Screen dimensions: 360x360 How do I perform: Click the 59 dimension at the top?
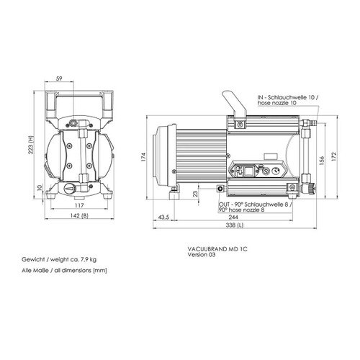click(59, 78)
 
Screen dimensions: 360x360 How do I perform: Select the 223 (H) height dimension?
click(31, 145)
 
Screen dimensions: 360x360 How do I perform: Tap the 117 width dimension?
click(79, 205)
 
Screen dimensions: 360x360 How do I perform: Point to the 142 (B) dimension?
click(79, 215)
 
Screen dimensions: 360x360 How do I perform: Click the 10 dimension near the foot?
click(40, 187)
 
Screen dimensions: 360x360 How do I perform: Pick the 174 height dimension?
click(143, 157)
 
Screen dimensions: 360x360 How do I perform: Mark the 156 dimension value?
click(322, 160)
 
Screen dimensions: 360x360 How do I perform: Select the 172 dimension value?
click(335, 157)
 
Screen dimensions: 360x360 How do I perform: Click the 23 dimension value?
click(196, 194)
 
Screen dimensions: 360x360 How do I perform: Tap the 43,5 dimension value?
click(163, 217)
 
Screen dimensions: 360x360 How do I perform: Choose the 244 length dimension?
click(233, 217)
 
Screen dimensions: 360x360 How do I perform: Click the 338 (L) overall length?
click(234, 225)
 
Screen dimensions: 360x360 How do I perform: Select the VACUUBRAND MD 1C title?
click(217, 249)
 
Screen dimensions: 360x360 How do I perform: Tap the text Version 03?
click(202, 255)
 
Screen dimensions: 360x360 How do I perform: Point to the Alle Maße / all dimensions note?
click(64, 271)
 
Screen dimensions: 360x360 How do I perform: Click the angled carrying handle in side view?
click(235, 104)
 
